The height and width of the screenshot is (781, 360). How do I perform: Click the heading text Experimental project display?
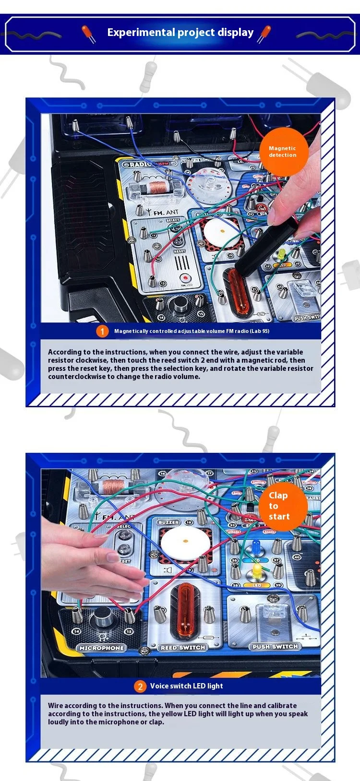(x=180, y=33)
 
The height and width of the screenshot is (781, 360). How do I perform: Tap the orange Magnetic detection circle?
(x=282, y=151)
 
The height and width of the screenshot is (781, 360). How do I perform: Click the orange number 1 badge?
(x=102, y=331)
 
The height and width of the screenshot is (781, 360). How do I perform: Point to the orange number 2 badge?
(x=140, y=686)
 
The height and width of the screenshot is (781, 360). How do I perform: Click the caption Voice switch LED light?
(x=186, y=686)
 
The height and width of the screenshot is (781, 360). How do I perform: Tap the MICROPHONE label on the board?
(x=102, y=648)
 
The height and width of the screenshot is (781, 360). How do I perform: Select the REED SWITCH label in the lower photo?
(x=183, y=648)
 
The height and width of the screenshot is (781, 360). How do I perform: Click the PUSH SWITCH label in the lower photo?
(x=276, y=647)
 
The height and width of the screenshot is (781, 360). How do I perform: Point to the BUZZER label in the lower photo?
(x=168, y=522)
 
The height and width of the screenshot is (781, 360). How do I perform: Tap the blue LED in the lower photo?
(x=256, y=545)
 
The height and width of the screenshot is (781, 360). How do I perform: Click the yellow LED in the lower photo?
(x=257, y=570)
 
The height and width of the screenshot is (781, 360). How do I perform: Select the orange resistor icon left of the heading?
(x=88, y=34)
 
